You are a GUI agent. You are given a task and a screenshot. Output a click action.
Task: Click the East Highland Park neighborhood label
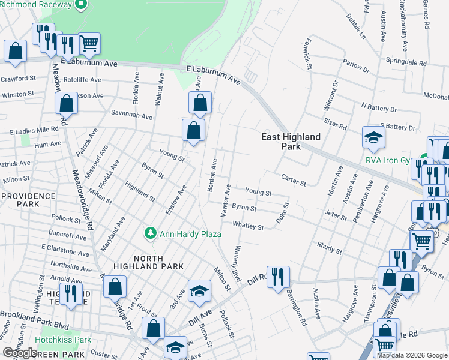(291, 141)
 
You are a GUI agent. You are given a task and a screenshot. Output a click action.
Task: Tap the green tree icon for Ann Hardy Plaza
(150, 232)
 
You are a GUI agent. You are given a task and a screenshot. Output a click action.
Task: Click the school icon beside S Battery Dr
(373, 138)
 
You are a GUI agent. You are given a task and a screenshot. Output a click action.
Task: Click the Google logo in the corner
(20, 353)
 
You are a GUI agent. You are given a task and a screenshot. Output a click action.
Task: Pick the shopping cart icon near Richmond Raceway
(89, 43)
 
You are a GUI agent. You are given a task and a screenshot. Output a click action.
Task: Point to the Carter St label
(294, 178)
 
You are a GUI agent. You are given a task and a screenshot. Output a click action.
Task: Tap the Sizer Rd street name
(335, 125)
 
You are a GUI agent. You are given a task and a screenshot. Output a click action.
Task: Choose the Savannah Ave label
(130, 115)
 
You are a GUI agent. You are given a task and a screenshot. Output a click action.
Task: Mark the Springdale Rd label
(406, 62)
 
